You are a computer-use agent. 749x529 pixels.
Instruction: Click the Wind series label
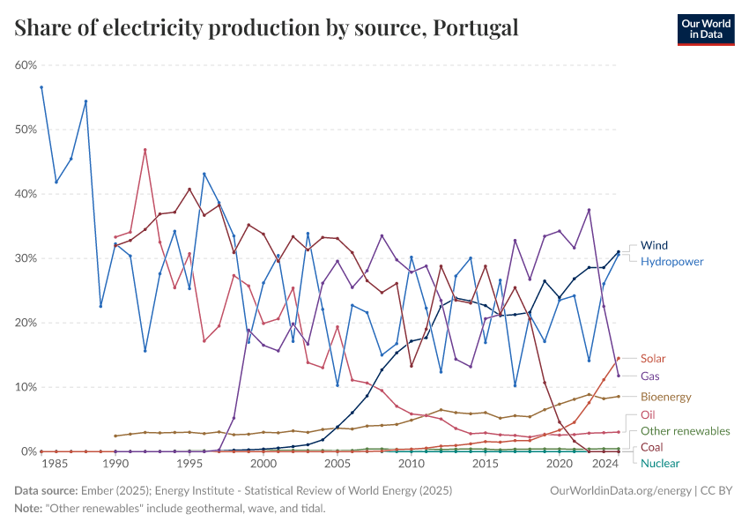(655, 245)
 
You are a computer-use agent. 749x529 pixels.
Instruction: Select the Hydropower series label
(672, 262)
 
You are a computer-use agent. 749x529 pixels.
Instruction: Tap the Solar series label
(653, 359)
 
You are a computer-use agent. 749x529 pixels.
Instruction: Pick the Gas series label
(650, 376)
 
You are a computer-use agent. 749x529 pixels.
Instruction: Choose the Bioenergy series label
(666, 398)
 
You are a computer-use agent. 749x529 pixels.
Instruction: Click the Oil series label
(648, 414)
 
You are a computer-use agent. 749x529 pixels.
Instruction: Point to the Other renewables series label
(685, 431)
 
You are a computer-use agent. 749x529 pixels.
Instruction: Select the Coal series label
(652, 447)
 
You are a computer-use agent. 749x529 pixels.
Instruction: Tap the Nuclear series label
(660, 463)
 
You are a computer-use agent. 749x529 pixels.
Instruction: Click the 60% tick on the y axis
(26, 65)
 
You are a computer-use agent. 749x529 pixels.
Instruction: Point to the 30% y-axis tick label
(26, 258)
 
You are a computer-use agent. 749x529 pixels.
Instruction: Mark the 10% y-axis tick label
(26, 387)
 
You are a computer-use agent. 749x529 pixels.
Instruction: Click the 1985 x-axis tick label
(56, 464)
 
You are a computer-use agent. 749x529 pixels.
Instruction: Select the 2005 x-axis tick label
(337, 464)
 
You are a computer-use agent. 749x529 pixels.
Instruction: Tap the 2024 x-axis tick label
(604, 464)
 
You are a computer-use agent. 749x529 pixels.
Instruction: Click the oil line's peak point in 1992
(145, 150)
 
